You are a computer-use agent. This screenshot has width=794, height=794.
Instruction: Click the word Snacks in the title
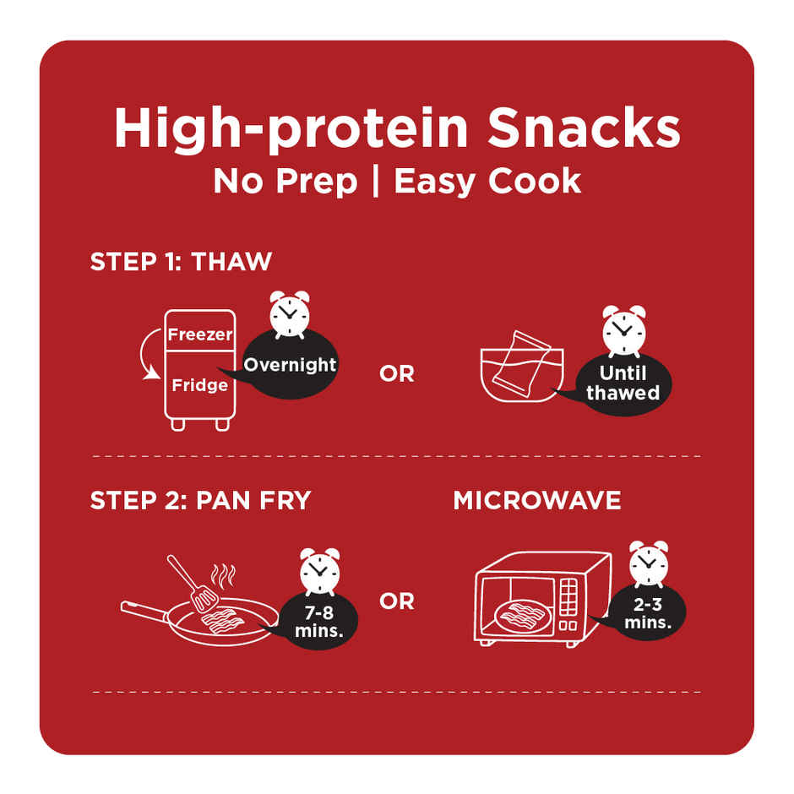point(584,128)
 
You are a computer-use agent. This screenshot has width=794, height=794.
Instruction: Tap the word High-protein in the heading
point(291,129)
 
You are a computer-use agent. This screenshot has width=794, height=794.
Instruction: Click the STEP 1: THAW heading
point(181,262)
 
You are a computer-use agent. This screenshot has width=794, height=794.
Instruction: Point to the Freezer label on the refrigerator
point(200,334)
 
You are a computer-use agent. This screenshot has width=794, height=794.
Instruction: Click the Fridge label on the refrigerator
point(199,385)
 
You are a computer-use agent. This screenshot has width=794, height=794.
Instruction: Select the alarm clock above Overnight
point(289,314)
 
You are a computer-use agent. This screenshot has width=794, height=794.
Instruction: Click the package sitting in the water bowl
point(521,364)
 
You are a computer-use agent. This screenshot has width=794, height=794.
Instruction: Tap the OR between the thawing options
point(397,374)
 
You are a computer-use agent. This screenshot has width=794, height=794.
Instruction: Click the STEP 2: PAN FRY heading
point(200,500)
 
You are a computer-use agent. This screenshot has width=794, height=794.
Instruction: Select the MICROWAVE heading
point(536,500)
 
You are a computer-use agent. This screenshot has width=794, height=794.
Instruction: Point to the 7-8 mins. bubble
point(319,622)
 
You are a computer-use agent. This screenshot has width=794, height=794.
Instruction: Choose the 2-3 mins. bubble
point(647,612)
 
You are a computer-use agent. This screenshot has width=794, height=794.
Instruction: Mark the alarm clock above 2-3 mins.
point(649,563)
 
